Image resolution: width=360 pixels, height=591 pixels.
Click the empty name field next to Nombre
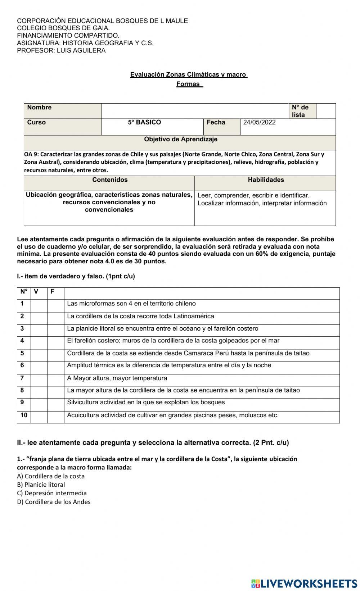[x=194, y=111]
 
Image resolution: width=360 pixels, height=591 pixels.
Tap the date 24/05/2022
[x=259, y=122]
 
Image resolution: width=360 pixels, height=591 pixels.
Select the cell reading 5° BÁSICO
[x=144, y=122]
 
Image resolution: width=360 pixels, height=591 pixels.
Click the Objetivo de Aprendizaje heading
[x=180, y=139]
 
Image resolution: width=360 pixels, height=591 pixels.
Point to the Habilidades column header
[x=266, y=180]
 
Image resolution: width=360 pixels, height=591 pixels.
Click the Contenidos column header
[x=110, y=180]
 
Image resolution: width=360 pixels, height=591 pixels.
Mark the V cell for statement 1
[x=39, y=306]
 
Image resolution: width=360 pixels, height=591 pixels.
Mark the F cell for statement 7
[x=55, y=380]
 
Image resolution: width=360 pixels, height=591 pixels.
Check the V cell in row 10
[x=39, y=417]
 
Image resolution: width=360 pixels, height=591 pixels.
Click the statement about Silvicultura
[x=146, y=403]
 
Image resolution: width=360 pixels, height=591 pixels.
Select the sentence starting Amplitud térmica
[x=169, y=365]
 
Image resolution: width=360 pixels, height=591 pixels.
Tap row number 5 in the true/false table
[x=22, y=353]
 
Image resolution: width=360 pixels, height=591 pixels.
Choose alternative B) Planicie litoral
[x=41, y=485]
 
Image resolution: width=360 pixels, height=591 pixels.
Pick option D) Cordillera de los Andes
[x=54, y=502]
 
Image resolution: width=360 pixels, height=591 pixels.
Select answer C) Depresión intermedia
[x=52, y=493]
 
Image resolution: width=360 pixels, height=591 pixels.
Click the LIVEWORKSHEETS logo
[x=304, y=583]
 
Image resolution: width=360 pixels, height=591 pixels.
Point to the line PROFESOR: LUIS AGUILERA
[x=61, y=51]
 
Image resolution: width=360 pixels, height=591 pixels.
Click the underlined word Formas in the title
[x=188, y=84]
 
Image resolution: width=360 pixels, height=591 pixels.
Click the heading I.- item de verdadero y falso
[x=76, y=277]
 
